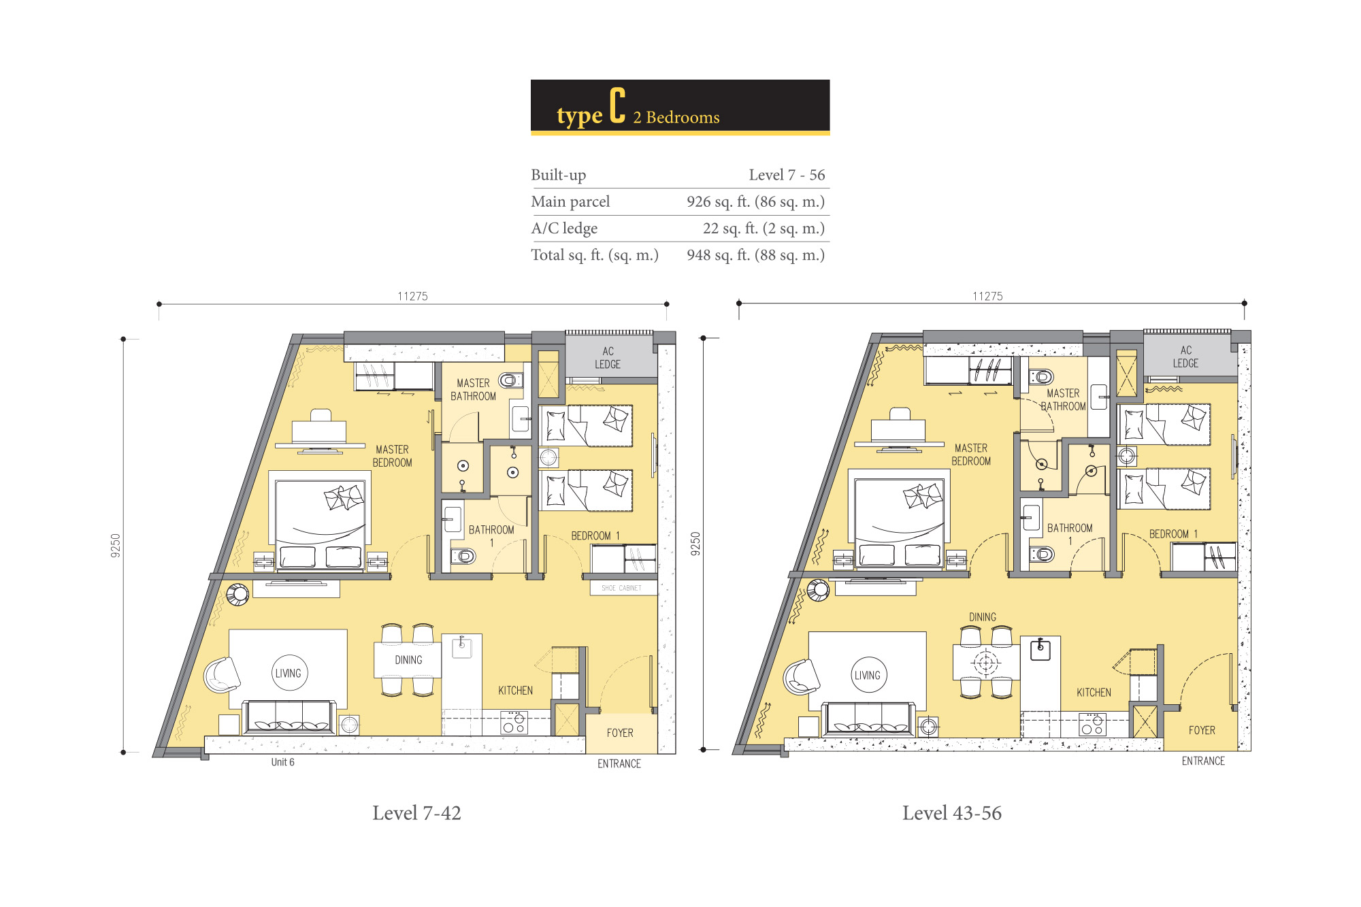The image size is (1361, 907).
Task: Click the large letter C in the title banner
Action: [x=617, y=105]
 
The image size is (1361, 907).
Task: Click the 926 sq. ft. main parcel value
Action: [x=755, y=201]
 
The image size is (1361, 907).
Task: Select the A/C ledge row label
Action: [x=564, y=229]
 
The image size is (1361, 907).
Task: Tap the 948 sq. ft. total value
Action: [x=755, y=255]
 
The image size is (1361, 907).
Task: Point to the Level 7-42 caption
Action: [x=416, y=813]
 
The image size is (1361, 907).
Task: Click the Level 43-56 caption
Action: [x=951, y=813]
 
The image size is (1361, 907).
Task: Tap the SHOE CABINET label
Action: [x=621, y=588]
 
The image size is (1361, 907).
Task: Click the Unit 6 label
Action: [x=282, y=762]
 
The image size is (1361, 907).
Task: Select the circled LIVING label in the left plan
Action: [x=289, y=673]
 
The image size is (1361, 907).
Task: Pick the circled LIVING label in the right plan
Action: [x=868, y=675]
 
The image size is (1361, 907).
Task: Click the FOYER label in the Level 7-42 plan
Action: [x=620, y=733]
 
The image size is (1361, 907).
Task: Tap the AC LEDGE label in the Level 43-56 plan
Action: [x=1185, y=357]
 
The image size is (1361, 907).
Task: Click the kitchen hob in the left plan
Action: [x=514, y=723]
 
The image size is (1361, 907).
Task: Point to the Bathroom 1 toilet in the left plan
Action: [x=463, y=557]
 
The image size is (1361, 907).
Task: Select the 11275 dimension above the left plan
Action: [x=412, y=296]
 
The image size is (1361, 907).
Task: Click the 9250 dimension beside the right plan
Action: [x=695, y=544]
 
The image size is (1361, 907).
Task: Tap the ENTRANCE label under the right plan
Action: [x=1203, y=761]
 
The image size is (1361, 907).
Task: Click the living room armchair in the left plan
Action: [x=221, y=675]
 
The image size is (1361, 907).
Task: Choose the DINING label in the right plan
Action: [x=983, y=617]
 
